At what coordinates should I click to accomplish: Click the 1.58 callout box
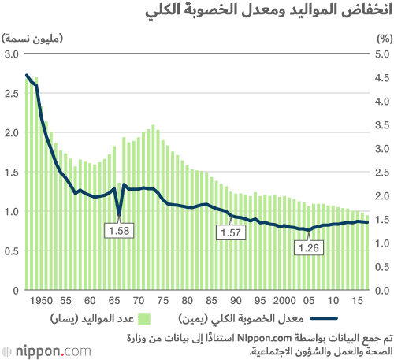tap(119, 231)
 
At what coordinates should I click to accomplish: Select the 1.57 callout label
tap(231, 232)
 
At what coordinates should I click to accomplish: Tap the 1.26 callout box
tap(309, 247)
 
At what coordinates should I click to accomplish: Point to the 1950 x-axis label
tap(41, 301)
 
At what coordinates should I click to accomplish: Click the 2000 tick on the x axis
tap(284, 301)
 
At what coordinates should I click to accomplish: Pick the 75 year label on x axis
tap(163, 301)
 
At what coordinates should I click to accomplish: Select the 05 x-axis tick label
tap(309, 301)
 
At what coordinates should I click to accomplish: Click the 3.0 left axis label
tap(12, 54)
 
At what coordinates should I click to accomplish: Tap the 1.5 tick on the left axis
tap(12, 173)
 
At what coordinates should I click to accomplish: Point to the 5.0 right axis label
tap(382, 54)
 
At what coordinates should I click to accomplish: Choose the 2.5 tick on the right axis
tap(382, 173)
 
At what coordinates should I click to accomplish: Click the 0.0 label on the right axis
tap(382, 291)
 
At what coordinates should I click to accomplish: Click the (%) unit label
tap(385, 39)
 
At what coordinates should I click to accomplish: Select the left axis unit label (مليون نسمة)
tap(32, 39)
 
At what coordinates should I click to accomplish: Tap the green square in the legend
tap(144, 319)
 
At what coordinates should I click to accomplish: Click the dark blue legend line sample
tap(324, 318)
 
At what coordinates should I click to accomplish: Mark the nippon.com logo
tap(46, 351)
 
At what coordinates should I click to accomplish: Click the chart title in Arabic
tap(269, 10)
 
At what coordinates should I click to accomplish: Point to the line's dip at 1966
tap(119, 216)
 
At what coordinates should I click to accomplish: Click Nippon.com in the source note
tap(265, 338)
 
